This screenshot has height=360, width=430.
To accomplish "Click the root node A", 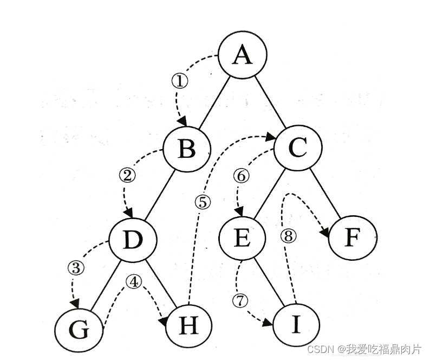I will coord(242,55).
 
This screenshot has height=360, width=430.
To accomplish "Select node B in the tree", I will coord(187,148).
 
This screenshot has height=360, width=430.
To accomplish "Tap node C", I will coord(297,148).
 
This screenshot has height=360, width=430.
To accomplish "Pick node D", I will coord(133,239).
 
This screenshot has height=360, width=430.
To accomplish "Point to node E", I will coord(243,238).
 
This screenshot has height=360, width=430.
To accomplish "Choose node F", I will coord(353,238).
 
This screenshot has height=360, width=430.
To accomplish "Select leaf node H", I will coord(188,327).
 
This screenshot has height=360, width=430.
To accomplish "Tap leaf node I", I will coord(296,326).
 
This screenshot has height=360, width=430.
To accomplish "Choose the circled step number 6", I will coord(240,175).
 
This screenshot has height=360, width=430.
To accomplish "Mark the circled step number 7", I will coord(240,299).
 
